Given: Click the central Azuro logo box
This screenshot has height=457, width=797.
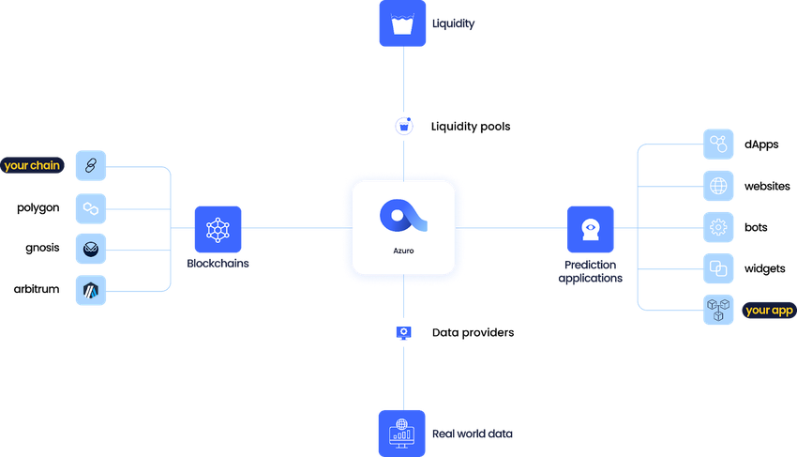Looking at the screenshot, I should tap(404, 228).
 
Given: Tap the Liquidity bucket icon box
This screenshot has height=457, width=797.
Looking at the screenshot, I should tap(402, 23).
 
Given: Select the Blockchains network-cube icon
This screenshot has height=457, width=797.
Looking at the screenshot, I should tap(218, 229).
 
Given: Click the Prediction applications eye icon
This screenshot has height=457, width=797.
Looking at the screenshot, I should tap(591, 229).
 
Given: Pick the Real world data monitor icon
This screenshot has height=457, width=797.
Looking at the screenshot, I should tap(402, 433).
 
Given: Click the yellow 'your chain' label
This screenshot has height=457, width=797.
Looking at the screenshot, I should tap(32, 166).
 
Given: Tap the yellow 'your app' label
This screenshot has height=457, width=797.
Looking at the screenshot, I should tap(770, 310).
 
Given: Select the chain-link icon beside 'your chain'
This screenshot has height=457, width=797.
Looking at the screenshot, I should tap(91, 166).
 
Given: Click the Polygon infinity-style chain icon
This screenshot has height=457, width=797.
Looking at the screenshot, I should tap(91, 207).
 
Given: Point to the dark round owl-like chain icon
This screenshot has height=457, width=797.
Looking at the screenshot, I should tap(91, 249).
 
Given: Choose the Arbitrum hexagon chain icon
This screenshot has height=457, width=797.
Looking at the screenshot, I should tap(91, 290).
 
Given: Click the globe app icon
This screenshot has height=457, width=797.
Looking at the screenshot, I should tap(719, 186).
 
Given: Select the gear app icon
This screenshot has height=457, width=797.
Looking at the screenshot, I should tap(719, 227).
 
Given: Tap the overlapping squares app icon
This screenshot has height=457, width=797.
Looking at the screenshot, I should tap(719, 268).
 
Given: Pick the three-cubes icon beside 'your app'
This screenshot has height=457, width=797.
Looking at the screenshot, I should tap(719, 310).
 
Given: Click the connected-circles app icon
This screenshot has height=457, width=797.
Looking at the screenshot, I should tap(719, 145).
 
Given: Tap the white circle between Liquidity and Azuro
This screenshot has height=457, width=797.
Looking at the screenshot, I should tap(403, 126).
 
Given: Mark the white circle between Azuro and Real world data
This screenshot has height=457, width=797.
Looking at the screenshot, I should tap(403, 332).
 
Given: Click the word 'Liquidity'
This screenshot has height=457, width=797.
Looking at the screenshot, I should tap(454, 23).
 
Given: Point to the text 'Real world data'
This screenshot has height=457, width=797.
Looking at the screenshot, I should tap(473, 434).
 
